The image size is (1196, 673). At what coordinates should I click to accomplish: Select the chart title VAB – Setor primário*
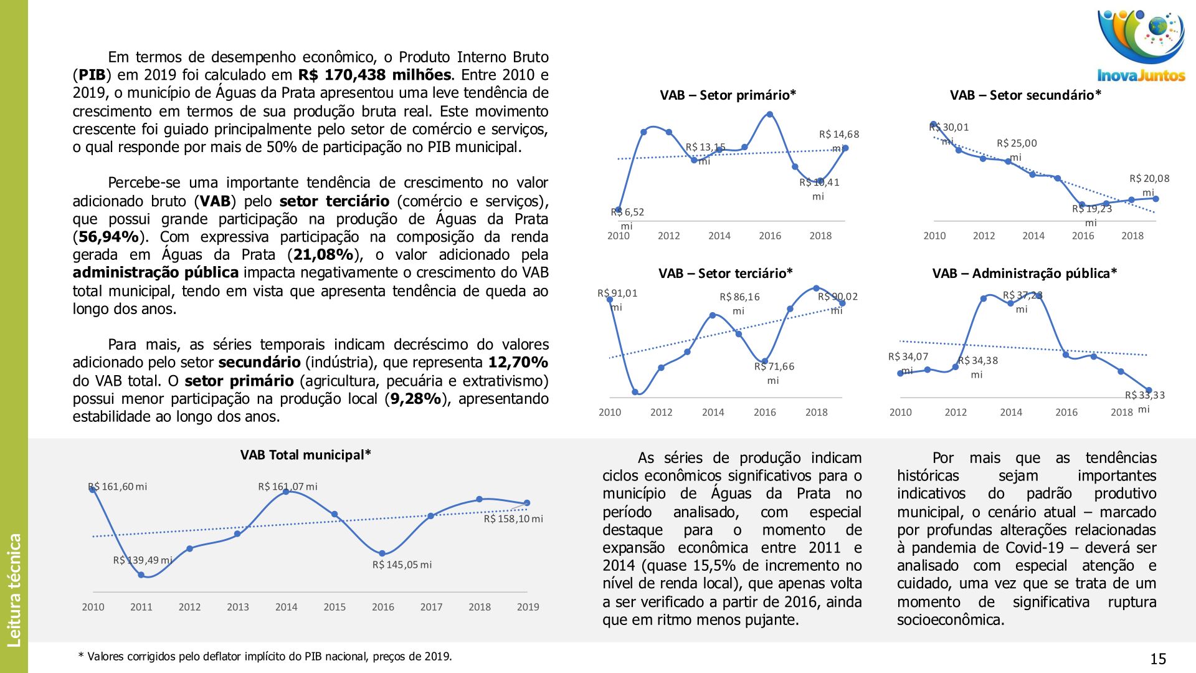(x=728, y=95)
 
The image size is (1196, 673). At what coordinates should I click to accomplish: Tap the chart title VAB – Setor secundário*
(x=1025, y=95)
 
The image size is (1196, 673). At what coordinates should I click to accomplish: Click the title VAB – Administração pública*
(x=1024, y=274)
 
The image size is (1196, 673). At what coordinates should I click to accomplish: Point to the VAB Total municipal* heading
(x=305, y=455)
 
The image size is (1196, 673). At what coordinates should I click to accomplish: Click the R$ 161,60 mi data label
(x=118, y=487)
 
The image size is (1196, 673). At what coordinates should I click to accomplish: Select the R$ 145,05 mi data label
(x=402, y=565)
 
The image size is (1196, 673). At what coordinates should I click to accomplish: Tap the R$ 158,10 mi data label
(x=513, y=519)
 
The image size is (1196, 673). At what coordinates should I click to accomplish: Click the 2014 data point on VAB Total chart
(x=286, y=492)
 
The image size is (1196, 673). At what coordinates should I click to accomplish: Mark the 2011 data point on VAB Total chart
(x=141, y=575)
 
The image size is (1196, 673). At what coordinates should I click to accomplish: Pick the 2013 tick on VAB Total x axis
(x=238, y=607)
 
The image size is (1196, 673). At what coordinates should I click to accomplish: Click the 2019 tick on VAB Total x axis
(x=528, y=607)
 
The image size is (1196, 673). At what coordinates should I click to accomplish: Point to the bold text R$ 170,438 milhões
(x=374, y=75)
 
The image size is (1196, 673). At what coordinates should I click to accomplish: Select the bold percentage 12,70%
(x=518, y=363)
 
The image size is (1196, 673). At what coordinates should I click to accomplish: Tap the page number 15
(x=1158, y=659)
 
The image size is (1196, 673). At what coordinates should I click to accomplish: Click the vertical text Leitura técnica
(x=14, y=589)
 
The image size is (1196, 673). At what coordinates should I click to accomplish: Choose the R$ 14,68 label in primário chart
(x=838, y=135)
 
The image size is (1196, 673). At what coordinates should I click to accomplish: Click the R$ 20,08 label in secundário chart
(x=1149, y=179)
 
